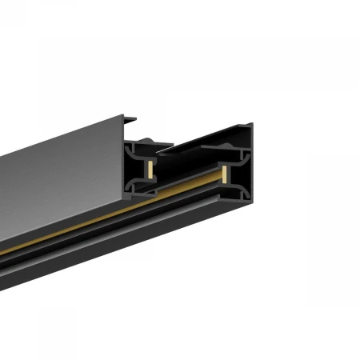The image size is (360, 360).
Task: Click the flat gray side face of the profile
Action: (56, 184)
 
